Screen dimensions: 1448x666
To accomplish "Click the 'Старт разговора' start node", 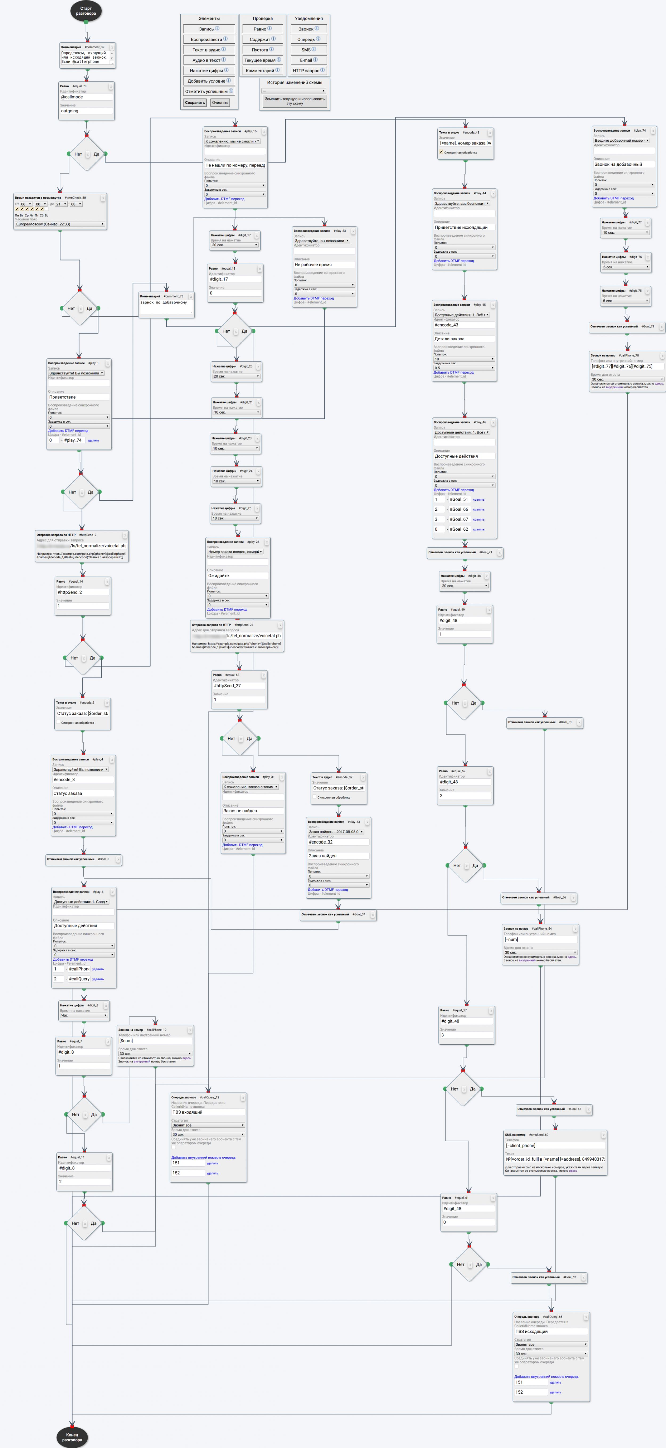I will tap(86, 11).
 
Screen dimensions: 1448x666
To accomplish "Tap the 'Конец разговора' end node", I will tap(72, 1437).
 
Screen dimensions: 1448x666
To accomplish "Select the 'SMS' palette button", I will tap(308, 50).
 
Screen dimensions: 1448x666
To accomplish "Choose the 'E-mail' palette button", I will tap(308, 60).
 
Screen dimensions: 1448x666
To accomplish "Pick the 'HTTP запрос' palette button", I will tap(308, 71).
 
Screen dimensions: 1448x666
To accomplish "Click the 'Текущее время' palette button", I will tap(262, 60).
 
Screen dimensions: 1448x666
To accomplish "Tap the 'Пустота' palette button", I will tap(262, 50).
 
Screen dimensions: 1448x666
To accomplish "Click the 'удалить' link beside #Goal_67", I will tap(479, 520).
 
